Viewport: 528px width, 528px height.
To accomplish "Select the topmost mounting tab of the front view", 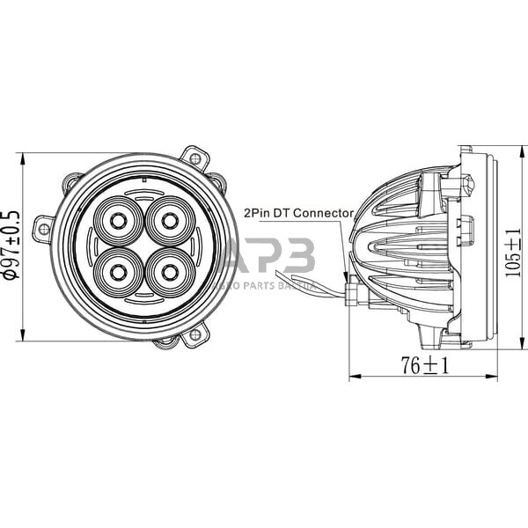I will (194, 159).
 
